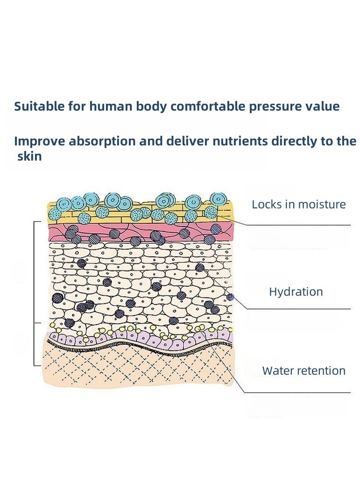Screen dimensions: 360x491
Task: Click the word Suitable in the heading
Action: [x=39, y=106]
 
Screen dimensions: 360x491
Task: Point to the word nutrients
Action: [x=240, y=142]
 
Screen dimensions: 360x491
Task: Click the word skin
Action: [x=29, y=156]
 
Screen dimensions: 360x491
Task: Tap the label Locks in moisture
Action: [x=299, y=205]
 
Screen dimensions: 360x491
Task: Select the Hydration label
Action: [x=296, y=292]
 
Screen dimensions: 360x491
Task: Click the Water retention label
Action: [x=304, y=371]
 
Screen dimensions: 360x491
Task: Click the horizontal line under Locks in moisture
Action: [x=298, y=225]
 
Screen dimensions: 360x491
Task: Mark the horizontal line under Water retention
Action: [x=297, y=392]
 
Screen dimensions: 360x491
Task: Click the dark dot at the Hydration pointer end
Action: [x=230, y=297]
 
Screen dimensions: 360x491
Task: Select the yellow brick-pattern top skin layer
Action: [x=141, y=213]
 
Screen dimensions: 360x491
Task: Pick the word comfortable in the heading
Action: [x=208, y=106]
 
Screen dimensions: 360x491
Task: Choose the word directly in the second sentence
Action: [x=294, y=142]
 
